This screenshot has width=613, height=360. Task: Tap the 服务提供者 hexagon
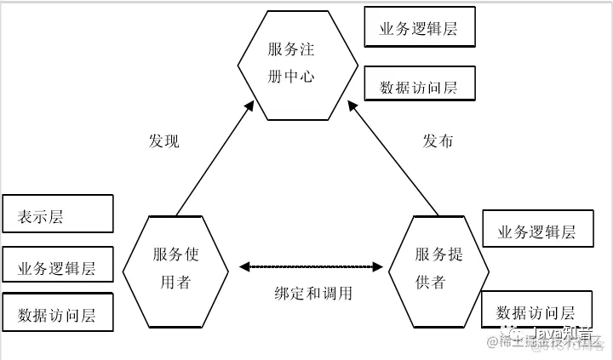click(x=439, y=269)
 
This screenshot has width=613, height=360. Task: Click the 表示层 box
click(x=58, y=214)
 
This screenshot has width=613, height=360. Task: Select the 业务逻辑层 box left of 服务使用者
click(x=58, y=267)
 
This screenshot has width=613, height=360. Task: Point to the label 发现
click(x=163, y=141)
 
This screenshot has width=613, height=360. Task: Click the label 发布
click(x=438, y=141)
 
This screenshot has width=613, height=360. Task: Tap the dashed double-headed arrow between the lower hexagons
click(x=310, y=267)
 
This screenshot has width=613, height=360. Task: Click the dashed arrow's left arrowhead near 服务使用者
click(x=245, y=267)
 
